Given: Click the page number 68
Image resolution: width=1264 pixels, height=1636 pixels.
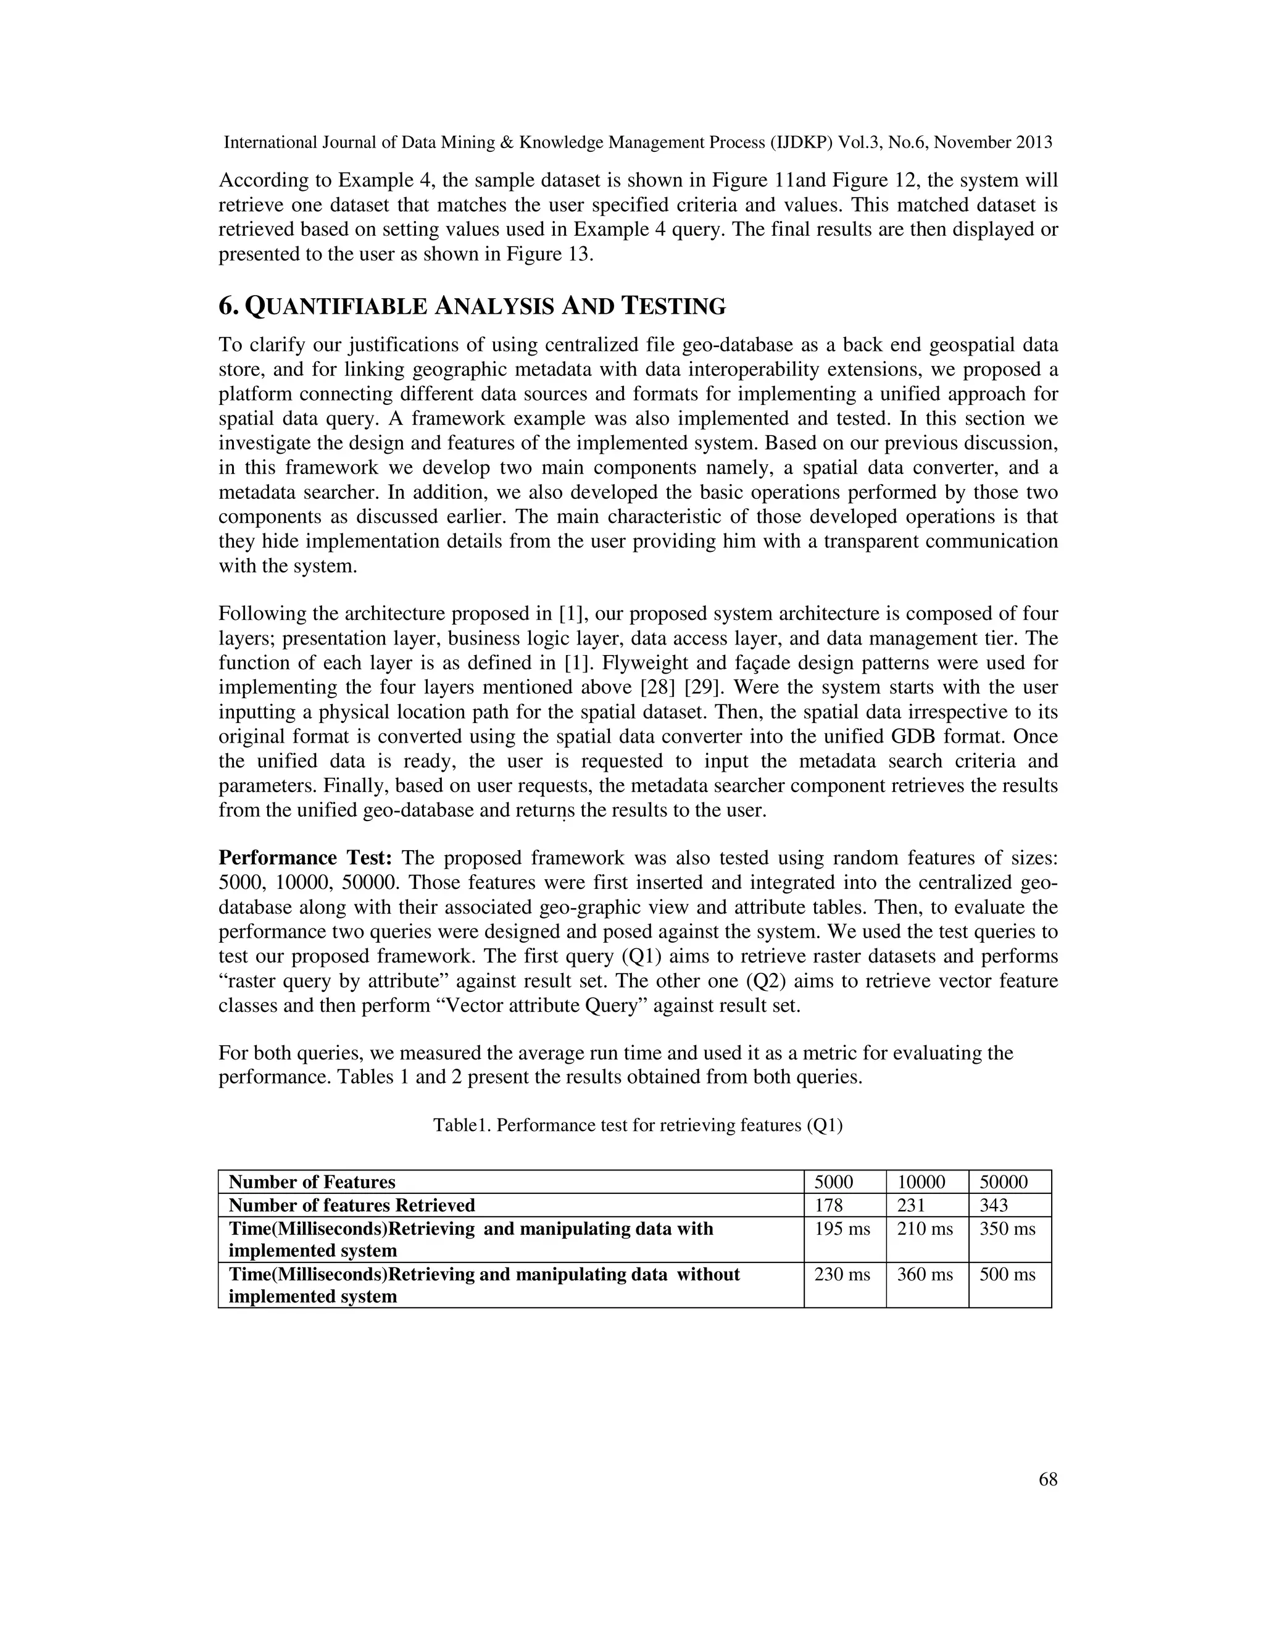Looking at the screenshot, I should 1047,1479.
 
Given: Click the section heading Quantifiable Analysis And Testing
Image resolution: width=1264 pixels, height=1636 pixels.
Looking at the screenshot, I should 472,306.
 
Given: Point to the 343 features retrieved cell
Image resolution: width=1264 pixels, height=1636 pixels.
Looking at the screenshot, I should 994,1204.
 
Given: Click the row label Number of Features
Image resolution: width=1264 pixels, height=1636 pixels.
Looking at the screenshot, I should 312,1182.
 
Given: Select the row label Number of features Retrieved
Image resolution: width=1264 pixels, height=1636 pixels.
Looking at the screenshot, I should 351,1204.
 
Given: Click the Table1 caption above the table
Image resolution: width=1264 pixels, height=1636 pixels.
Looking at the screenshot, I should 637,1125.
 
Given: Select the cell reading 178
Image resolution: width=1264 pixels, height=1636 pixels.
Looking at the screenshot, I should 828,1204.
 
